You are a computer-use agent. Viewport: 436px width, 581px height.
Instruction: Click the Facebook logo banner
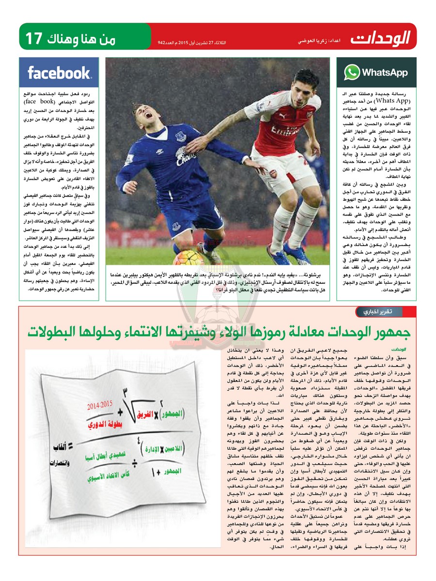(x=59, y=73)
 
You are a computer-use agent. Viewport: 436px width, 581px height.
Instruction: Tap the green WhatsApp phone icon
(x=352, y=73)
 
